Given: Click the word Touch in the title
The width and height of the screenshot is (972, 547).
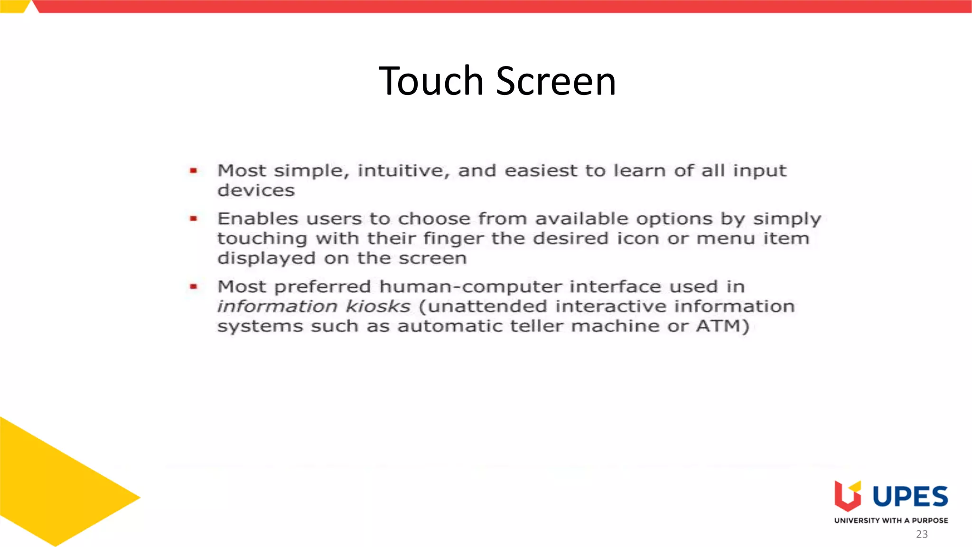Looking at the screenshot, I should pos(431,81).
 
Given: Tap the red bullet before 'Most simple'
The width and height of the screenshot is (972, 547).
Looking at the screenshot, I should pos(193,170).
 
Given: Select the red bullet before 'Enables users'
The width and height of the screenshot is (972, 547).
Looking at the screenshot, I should pos(193,218).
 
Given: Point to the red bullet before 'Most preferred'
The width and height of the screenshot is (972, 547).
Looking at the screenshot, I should pos(193,286).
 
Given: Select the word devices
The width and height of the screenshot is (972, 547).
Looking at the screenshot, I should pos(256,190).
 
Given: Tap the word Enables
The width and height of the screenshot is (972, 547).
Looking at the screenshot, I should pos(258,218).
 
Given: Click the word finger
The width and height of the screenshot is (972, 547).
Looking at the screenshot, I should pos(453,239).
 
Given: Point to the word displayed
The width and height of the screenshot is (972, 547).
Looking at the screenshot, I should pos(266,259).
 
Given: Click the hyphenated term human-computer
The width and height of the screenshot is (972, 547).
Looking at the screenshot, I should pos(470,287).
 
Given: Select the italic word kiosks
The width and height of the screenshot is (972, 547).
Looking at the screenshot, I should pos(378,306).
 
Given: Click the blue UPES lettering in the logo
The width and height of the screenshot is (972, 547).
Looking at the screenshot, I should pos(910,497).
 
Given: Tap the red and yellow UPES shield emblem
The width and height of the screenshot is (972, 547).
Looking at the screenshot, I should pos(848,496).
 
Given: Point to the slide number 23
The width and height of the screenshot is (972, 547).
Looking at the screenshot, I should pos(922,534).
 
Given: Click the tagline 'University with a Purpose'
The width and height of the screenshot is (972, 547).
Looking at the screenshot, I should pos(891,520).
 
